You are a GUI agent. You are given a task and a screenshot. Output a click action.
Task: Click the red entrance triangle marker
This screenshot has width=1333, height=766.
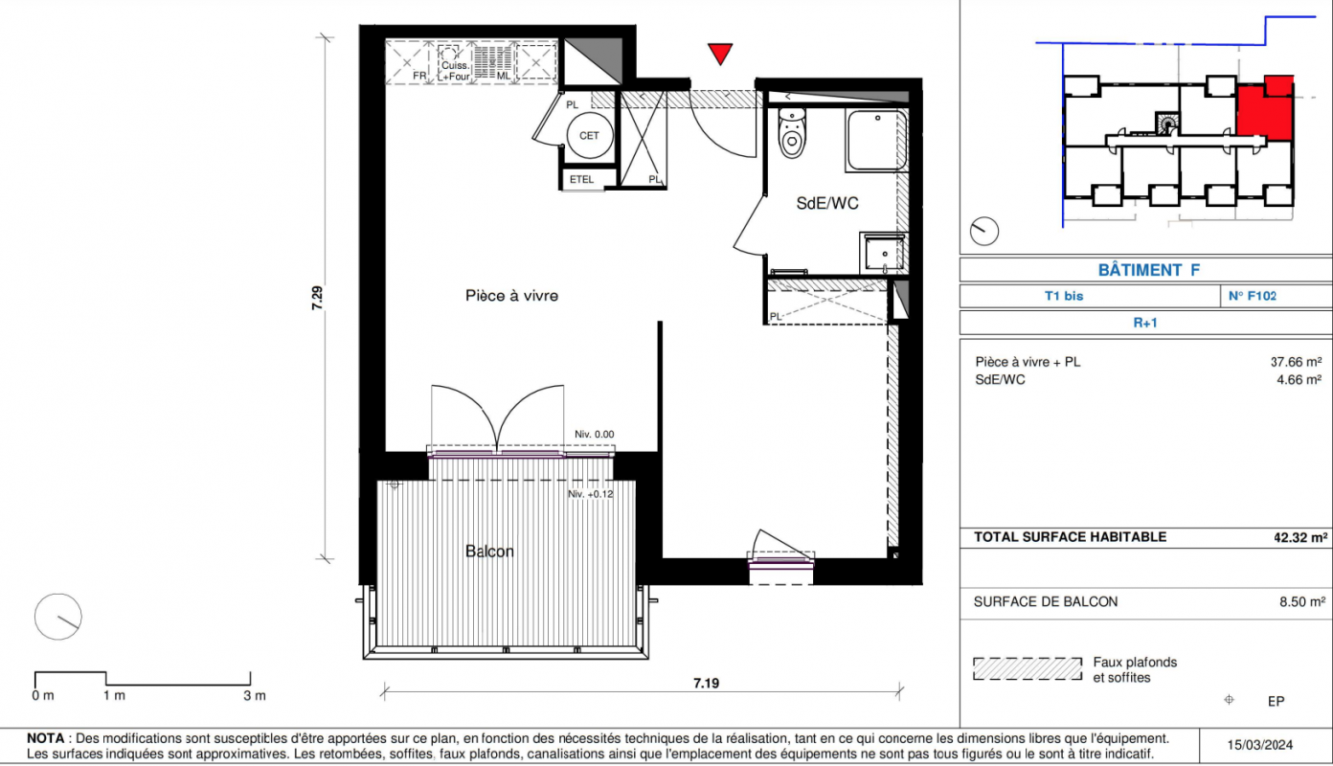[720, 53]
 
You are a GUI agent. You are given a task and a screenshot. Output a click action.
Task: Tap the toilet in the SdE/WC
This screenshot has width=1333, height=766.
[791, 133]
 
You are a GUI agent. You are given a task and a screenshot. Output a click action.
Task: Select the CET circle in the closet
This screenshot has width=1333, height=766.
[589, 136]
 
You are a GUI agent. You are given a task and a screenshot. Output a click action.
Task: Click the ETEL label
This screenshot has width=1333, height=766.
[581, 179]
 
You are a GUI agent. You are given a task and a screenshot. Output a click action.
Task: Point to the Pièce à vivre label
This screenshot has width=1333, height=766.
[511, 296]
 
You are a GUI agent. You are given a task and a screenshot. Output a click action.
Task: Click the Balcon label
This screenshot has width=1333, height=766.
[489, 552]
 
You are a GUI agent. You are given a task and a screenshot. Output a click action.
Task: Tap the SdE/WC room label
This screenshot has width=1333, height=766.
[827, 204]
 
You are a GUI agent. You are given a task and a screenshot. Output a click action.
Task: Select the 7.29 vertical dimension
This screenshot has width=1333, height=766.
[317, 298]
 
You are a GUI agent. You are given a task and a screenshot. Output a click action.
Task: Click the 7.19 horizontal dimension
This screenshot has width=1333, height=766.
[707, 683]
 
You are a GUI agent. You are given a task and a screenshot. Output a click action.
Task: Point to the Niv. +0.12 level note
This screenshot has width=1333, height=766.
[590, 494]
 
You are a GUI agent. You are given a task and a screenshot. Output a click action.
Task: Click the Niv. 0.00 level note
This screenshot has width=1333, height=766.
[594, 435]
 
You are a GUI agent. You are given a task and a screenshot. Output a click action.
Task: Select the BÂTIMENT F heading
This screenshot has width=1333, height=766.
[1148, 270]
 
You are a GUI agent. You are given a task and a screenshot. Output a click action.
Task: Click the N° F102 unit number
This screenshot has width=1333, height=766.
[1253, 296]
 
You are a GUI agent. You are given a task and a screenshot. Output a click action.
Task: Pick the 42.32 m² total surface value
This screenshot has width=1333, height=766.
[1300, 537]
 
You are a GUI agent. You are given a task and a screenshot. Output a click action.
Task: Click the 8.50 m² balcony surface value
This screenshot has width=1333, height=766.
[1302, 601]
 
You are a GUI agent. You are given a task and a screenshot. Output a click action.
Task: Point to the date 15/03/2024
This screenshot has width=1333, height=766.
[1260, 745]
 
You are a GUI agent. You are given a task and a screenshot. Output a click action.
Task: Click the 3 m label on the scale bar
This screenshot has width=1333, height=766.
[254, 695]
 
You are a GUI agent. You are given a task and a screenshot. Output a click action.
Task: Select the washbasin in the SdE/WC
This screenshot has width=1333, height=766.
[884, 253]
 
